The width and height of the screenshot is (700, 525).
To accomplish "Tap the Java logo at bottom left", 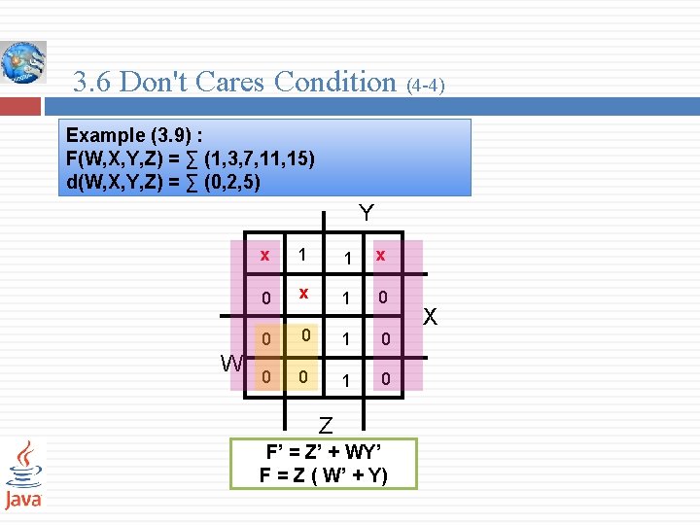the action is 23,473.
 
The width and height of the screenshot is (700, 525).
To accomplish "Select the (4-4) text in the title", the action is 425,86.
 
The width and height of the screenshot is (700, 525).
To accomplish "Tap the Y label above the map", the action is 366,213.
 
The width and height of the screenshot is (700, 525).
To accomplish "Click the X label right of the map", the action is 431,318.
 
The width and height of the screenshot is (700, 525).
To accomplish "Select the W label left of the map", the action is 231,365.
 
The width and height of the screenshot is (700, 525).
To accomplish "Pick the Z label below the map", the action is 326,426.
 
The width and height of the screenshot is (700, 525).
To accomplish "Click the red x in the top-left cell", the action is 264,256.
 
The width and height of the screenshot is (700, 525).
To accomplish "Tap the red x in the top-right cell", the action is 381,256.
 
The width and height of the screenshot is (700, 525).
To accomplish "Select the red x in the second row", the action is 304,294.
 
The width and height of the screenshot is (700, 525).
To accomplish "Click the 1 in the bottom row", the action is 345,379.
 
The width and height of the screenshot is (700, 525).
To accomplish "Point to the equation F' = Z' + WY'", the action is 323,452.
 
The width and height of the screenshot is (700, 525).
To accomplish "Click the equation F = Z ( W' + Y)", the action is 323,474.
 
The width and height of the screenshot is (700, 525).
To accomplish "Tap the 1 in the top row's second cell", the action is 304,255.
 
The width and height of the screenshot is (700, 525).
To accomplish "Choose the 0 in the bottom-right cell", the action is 385,379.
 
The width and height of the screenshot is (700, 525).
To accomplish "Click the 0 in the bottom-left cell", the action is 264,376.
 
